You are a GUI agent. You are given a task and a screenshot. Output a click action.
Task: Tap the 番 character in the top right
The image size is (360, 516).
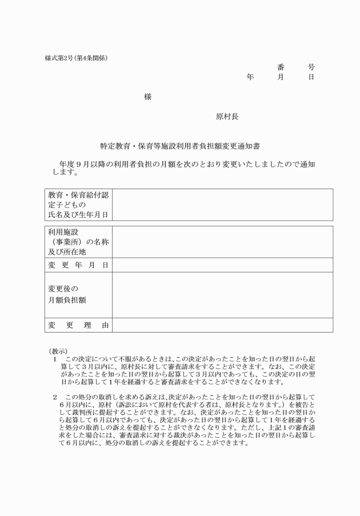pyautogui.click(x=281, y=67)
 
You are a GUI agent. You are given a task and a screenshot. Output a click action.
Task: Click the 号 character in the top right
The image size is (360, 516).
pyautogui.click(x=311, y=67)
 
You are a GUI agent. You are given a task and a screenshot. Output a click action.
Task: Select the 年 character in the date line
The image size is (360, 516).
pyautogui.click(x=250, y=77)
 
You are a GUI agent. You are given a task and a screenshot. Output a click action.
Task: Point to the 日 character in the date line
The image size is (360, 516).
pyautogui.click(x=311, y=77)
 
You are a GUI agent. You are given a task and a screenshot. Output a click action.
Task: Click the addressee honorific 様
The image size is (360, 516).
pyautogui.click(x=148, y=97)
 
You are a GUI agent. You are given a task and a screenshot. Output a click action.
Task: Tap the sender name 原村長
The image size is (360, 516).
pyautogui.click(x=227, y=117)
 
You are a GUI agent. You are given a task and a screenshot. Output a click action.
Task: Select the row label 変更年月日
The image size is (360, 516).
pyautogui.click(x=78, y=265)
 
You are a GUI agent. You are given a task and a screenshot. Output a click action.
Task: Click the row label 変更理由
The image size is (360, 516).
pyautogui.click(x=78, y=325)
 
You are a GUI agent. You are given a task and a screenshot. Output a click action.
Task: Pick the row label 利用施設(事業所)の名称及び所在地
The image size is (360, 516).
pyautogui.click(x=78, y=241)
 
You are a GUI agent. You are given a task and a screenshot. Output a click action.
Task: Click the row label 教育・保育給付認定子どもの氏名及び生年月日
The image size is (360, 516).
pyautogui.click(x=78, y=205)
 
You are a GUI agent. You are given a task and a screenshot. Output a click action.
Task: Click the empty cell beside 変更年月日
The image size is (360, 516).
pyautogui.click(x=222, y=265)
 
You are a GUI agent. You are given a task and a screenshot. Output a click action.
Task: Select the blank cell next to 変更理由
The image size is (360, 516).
pyautogui.click(x=222, y=325)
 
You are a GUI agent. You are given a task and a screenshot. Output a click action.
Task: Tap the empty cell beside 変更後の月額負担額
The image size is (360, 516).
pyautogui.click(x=222, y=295)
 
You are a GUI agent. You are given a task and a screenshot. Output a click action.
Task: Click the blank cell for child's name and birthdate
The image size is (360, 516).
pyautogui.click(x=222, y=205)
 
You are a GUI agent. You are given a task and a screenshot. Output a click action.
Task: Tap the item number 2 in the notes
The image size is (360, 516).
pyautogui.click(x=55, y=396)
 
